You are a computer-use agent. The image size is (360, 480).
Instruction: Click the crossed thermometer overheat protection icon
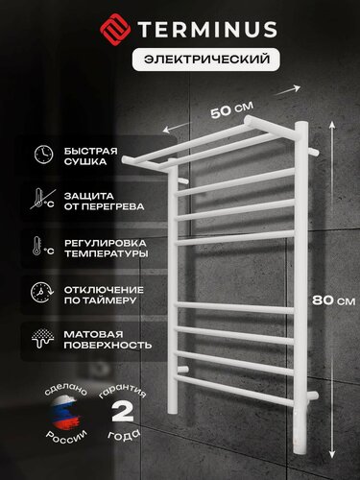coord(43,202)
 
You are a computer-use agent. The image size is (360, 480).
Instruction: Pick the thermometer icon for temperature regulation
coord(43,249)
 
